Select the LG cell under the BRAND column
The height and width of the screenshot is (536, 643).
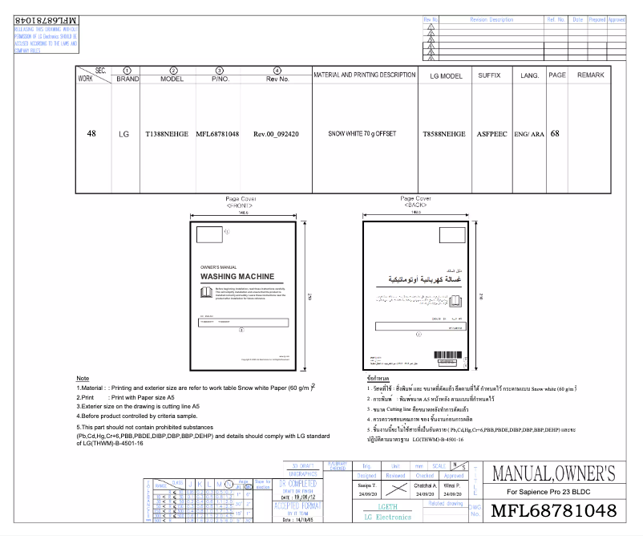click(x=123, y=134)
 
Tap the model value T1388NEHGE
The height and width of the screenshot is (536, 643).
click(x=166, y=134)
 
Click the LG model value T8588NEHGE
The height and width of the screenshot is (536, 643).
click(x=443, y=134)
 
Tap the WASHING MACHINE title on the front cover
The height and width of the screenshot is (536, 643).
click(x=245, y=276)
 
